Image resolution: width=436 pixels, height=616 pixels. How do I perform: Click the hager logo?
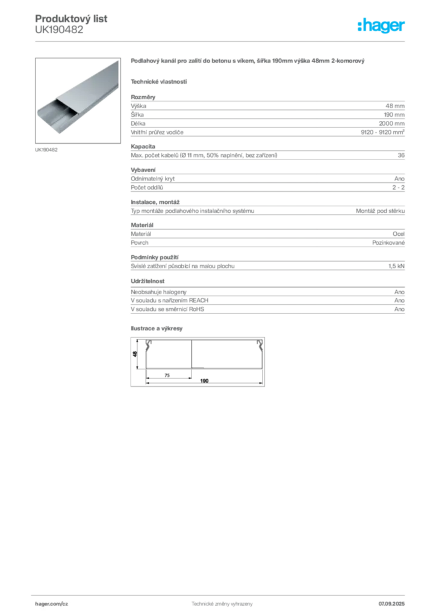[x=381, y=25]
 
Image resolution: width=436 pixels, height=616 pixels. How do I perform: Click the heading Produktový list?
[x=71, y=19]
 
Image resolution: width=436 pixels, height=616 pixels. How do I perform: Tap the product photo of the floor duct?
[x=78, y=100]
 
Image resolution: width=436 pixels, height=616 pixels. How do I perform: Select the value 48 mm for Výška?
[x=394, y=106]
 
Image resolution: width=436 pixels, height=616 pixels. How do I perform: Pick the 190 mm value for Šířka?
[x=394, y=115]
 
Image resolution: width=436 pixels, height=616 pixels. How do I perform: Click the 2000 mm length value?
[x=391, y=123]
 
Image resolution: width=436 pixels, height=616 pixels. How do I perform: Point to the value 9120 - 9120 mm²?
[x=382, y=132]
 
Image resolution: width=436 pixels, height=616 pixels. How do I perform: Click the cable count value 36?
[x=401, y=155]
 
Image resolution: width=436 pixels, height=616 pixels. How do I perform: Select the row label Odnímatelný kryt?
[x=152, y=179]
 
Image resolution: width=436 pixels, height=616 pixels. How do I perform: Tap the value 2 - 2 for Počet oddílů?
[x=398, y=188]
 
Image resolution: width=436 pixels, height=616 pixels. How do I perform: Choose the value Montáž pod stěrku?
[x=380, y=211]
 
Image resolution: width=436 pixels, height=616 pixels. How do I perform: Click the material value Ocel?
[x=398, y=234]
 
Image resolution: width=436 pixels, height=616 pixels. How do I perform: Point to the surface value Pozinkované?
[x=388, y=243]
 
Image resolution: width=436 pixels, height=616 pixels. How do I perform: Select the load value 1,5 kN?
[x=396, y=266]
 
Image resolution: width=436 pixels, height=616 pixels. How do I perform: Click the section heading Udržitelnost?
[x=148, y=281]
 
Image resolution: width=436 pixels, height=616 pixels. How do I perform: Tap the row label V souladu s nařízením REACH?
[x=169, y=300]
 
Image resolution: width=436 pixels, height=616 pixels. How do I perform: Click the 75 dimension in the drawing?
[x=167, y=375]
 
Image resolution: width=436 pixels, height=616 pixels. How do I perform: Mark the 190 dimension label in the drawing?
[x=204, y=381]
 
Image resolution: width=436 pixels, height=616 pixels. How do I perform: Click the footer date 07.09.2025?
[x=391, y=603]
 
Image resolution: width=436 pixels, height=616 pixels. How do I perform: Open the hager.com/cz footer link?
[x=52, y=603]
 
